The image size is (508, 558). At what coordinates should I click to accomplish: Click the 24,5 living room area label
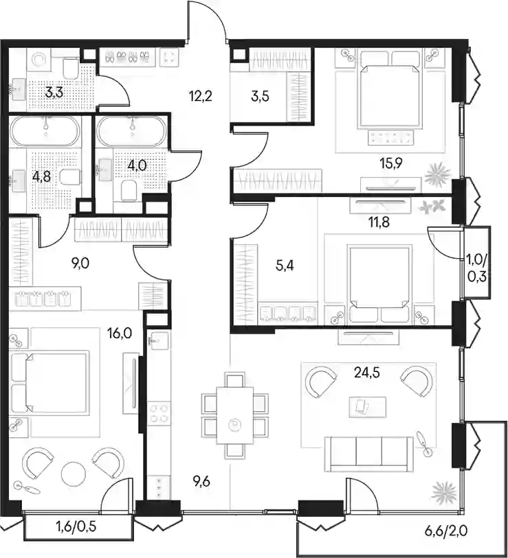pos(367,373)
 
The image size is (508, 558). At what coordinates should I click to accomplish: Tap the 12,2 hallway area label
pos(201,96)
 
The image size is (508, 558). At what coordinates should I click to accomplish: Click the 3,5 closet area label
pos(260,96)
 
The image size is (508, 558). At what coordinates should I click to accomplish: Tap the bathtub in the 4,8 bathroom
pos(45,131)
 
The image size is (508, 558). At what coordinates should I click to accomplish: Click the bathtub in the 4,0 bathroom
pos(131,131)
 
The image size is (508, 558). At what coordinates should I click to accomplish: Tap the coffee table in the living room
pos(368,406)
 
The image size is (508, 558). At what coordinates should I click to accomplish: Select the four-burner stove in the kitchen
pos(159,412)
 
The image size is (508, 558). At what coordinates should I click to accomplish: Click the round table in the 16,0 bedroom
pos(74,474)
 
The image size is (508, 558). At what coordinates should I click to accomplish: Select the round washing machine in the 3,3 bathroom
pos(39,59)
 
